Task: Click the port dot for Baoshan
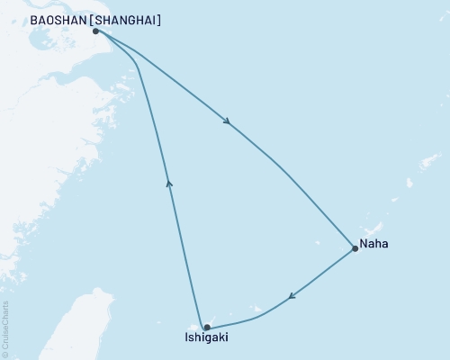point(95,31)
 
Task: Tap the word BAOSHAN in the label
point(56,20)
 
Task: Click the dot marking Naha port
point(355,248)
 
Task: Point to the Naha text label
point(374,244)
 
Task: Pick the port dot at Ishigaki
point(207,328)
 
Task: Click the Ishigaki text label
point(203,339)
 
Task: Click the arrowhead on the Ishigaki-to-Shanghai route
point(168,183)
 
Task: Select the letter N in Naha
point(364,244)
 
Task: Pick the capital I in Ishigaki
point(181,339)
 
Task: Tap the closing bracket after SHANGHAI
point(159,20)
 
